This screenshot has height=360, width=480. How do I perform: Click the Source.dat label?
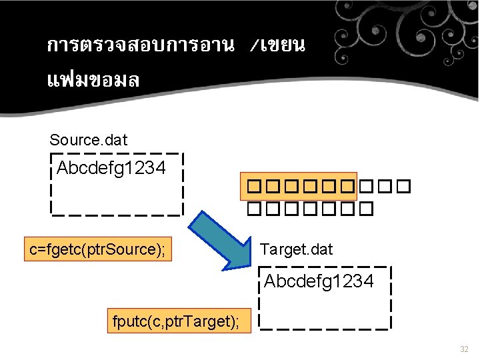pos(88,140)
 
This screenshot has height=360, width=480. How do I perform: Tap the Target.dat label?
pos(296,249)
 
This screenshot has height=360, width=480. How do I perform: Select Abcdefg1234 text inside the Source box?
pos(111,168)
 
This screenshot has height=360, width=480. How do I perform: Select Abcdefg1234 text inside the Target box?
pos(319,281)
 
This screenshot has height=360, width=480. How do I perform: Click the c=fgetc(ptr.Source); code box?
pos(97,250)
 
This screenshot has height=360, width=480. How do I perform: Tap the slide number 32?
pos(464,349)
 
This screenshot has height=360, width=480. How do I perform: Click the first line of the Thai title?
pos(176,45)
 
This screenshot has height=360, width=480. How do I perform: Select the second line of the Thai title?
pos(93,81)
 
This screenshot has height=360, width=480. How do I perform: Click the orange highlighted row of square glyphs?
pos(298,187)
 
